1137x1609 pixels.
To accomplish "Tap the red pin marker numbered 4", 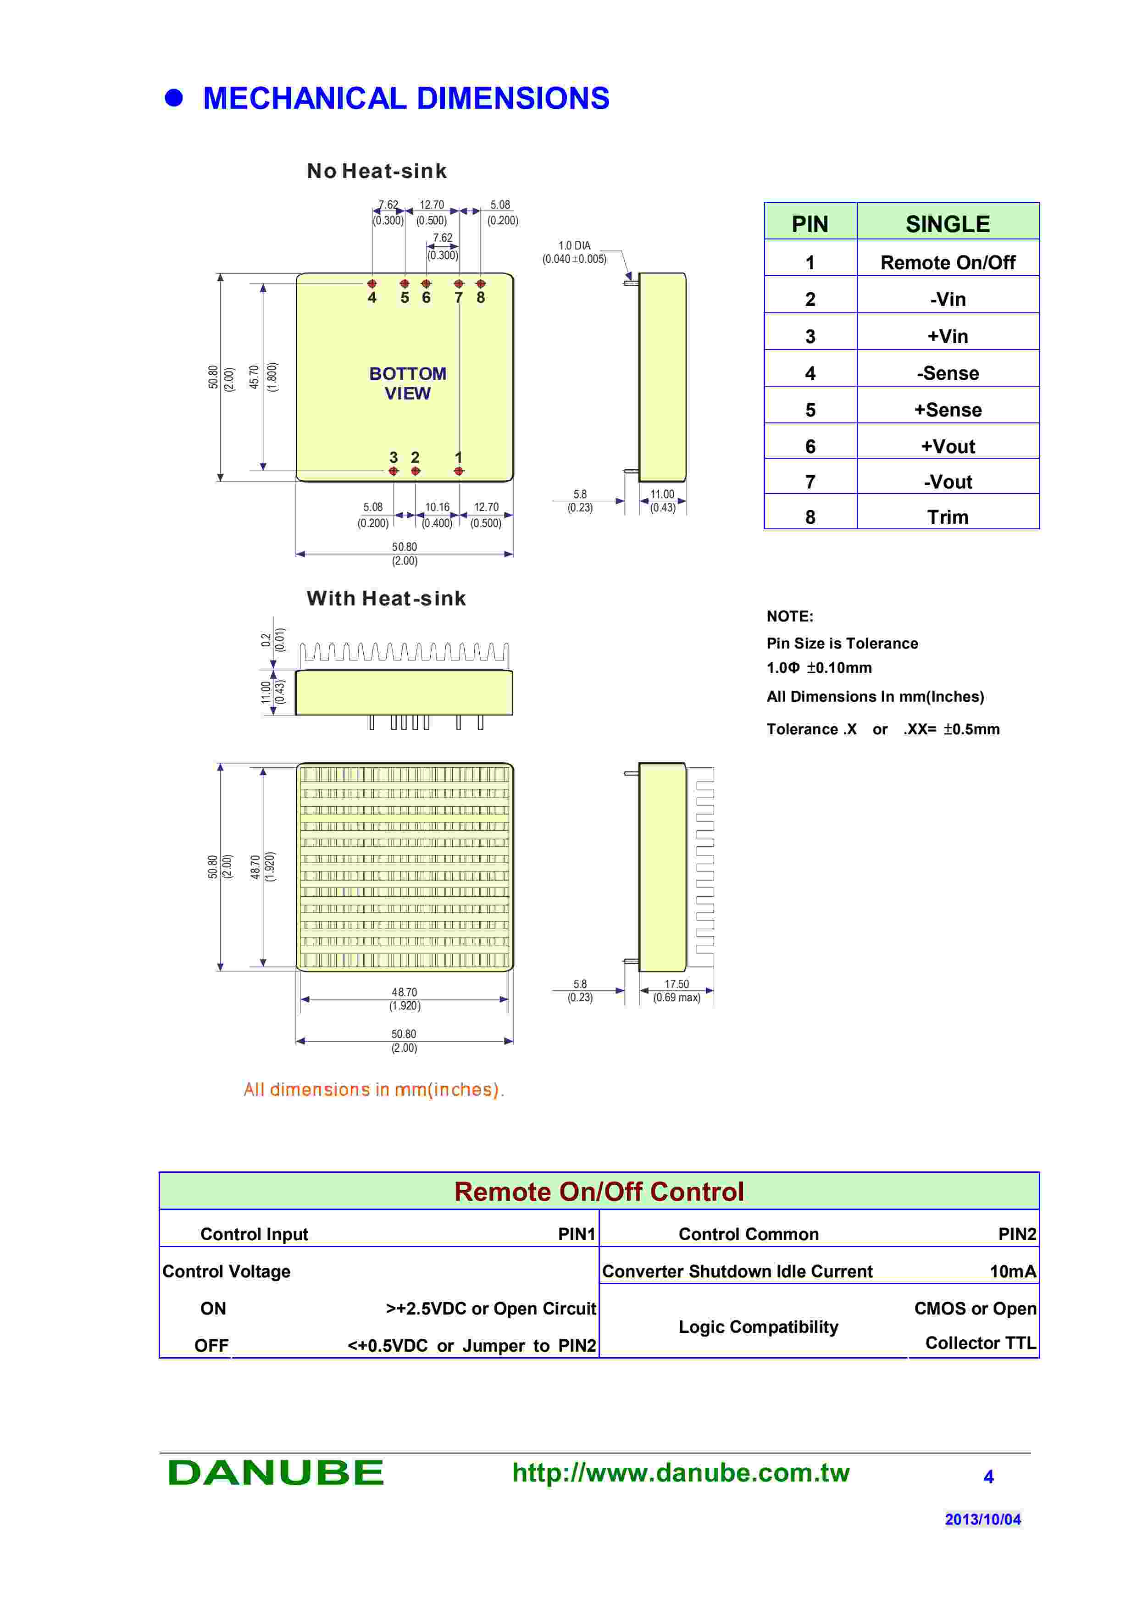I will tap(372, 284).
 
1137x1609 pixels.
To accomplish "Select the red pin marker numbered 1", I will tap(458, 472).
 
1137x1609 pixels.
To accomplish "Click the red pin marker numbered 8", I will tap(481, 284).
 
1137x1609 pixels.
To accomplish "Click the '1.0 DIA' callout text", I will tap(574, 245).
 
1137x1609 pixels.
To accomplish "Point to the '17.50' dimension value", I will tap(676, 984).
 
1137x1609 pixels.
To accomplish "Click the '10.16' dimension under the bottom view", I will tap(437, 507).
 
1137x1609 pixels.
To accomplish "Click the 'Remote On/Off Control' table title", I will tap(599, 1191).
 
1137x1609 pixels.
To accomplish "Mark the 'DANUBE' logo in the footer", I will tap(275, 1472).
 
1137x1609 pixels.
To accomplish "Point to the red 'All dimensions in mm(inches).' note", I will tap(373, 1090).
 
